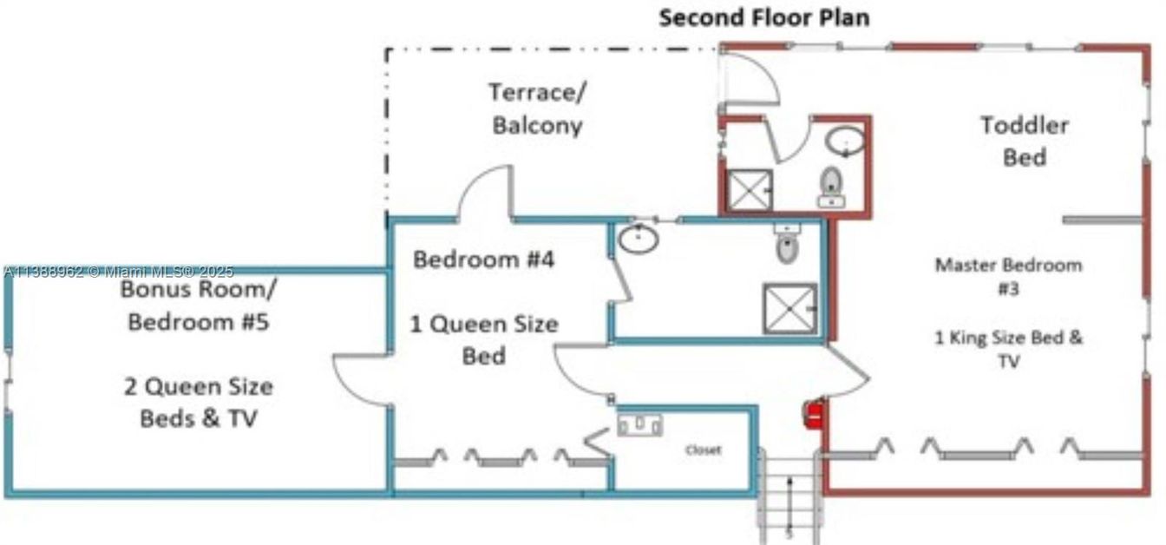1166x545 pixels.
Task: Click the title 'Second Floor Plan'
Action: tap(763, 17)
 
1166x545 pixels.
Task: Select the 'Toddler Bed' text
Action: tap(1025, 141)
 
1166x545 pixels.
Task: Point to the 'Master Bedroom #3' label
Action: tap(1008, 276)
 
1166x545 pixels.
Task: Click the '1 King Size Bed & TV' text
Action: tap(1008, 349)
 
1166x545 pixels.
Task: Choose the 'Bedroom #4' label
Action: tap(483, 259)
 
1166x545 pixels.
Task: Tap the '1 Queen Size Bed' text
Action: tap(483, 339)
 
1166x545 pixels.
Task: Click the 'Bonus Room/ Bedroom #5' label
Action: tap(199, 305)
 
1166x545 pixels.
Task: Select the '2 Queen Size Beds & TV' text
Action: tap(199, 402)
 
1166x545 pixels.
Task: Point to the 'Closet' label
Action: tap(703, 450)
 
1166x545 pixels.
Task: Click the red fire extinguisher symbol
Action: tap(813, 415)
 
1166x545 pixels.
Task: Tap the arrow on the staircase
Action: tap(789, 503)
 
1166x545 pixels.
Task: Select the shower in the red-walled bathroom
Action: tap(749, 190)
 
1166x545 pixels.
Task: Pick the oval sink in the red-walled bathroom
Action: tap(844, 141)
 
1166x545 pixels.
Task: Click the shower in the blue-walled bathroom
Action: tap(789, 308)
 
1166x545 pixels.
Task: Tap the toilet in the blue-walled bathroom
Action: tap(786, 246)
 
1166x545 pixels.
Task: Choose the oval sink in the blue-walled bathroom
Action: tap(639, 240)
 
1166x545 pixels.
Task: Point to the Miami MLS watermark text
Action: tap(118, 272)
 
